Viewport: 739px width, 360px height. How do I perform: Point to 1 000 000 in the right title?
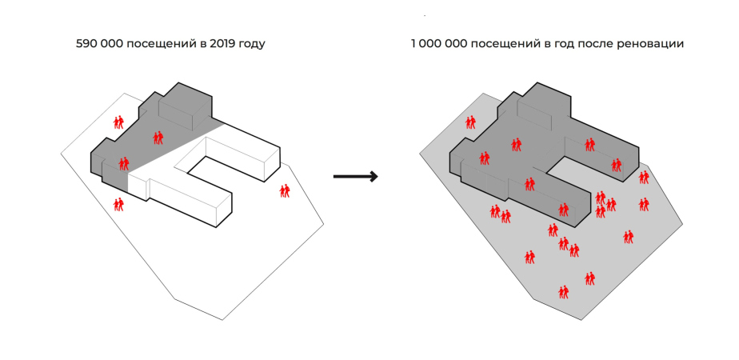click(439, 45)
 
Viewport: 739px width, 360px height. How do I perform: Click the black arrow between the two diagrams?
click(354, 177)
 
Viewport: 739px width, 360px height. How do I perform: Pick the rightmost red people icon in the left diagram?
click(285, 190)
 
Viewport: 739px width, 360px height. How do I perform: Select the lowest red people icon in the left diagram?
click(119, 205)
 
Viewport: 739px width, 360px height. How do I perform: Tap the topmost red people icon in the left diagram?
click(119, 122)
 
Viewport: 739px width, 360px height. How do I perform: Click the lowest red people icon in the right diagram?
click(564, 291)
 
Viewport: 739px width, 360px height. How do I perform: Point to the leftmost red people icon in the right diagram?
click(470, 122)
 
